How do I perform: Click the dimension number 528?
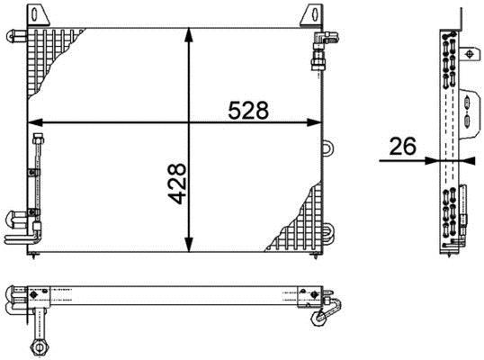248,111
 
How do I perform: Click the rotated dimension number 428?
178,184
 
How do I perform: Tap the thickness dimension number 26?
403,147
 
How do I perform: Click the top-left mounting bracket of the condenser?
38,14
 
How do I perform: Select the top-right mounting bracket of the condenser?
311,14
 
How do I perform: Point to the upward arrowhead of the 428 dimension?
189,34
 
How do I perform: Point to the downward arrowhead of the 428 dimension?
189,245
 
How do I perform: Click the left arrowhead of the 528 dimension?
35,122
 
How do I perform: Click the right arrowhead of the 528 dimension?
315,122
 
